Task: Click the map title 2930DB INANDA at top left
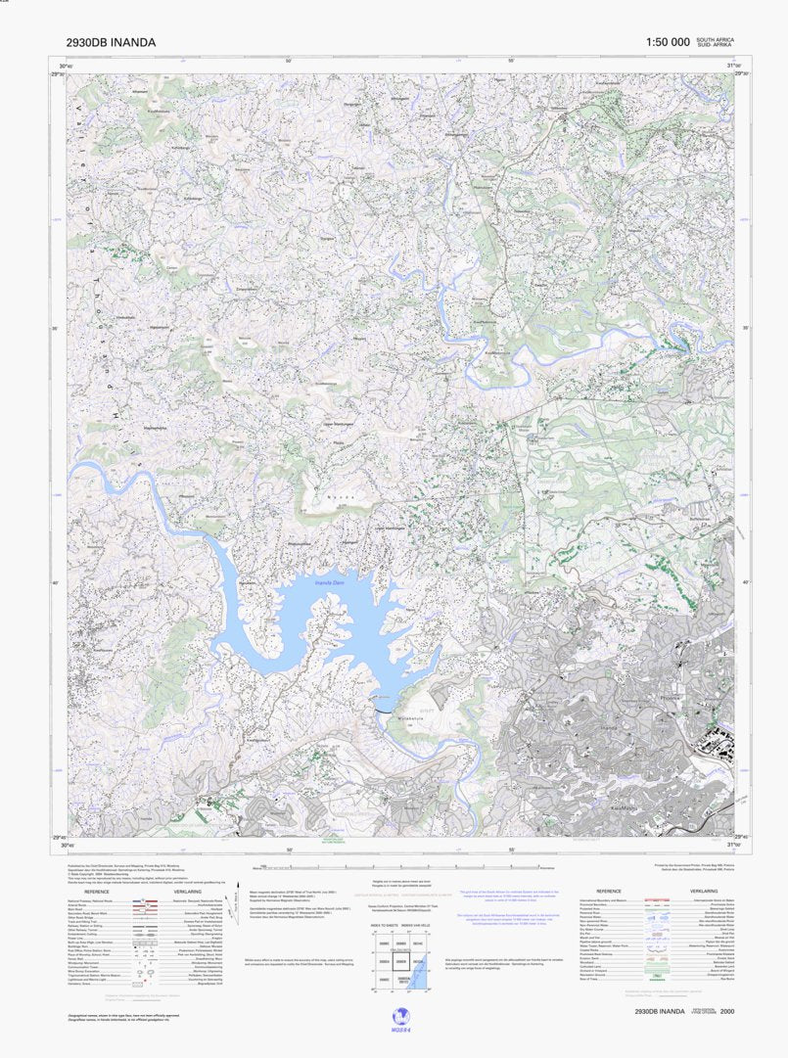point(110,42)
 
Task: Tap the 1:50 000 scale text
point(669,42)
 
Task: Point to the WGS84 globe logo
point(399,1018)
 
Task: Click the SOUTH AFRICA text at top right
point(715,39)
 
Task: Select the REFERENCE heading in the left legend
point(97,892)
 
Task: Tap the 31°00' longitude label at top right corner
point(733,65)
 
